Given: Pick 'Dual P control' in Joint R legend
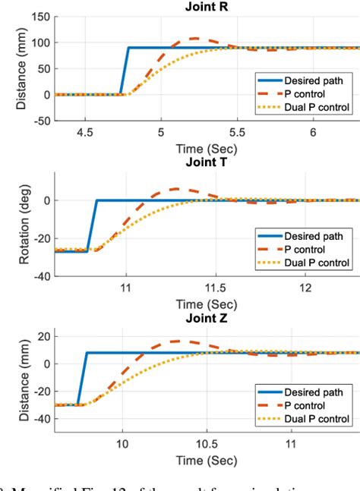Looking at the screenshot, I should pyautogui.click(x=317, y=107).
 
